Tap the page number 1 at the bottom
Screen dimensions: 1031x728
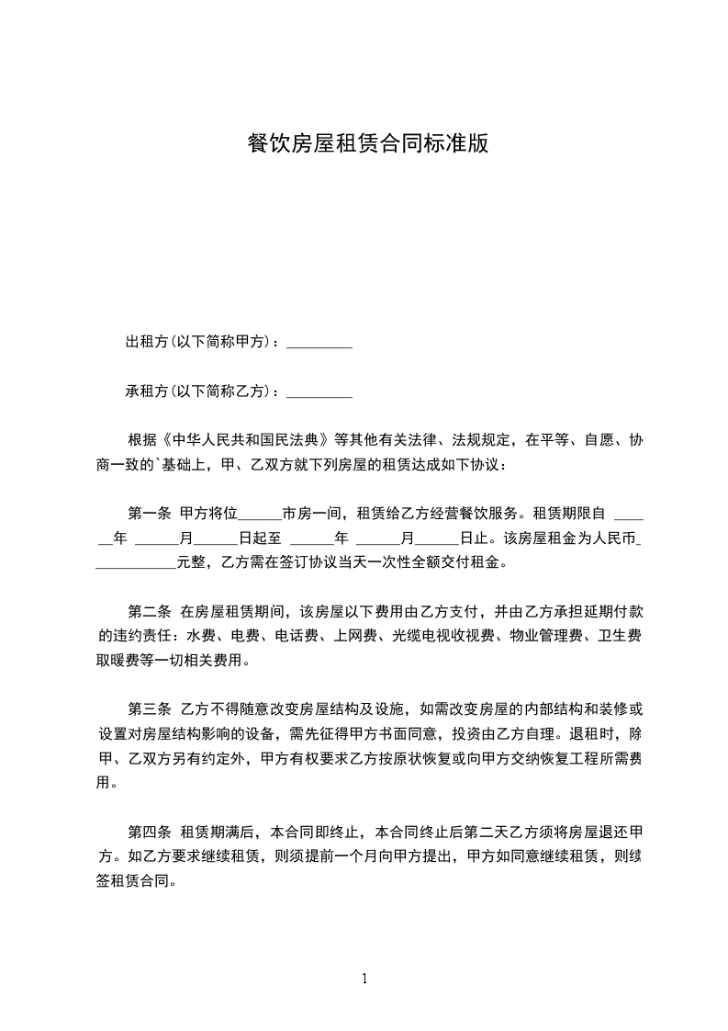(x=364, y=978)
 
